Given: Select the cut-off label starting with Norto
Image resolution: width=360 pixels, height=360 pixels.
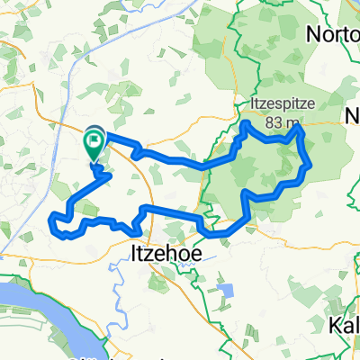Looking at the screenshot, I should coord(333,34).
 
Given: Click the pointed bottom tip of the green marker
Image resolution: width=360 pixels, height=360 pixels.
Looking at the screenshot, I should coord(94,163).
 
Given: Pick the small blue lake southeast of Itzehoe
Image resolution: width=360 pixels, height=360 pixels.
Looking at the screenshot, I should coord(225,292).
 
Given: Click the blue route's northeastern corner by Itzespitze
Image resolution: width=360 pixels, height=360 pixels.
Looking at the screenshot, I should coord(300,130).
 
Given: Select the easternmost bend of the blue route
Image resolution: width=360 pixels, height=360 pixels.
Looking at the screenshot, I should coord(311,165).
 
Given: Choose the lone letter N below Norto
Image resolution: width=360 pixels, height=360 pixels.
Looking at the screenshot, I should coord(352,114).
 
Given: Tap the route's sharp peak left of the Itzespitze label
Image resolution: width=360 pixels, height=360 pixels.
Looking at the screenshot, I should coord(246,121).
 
